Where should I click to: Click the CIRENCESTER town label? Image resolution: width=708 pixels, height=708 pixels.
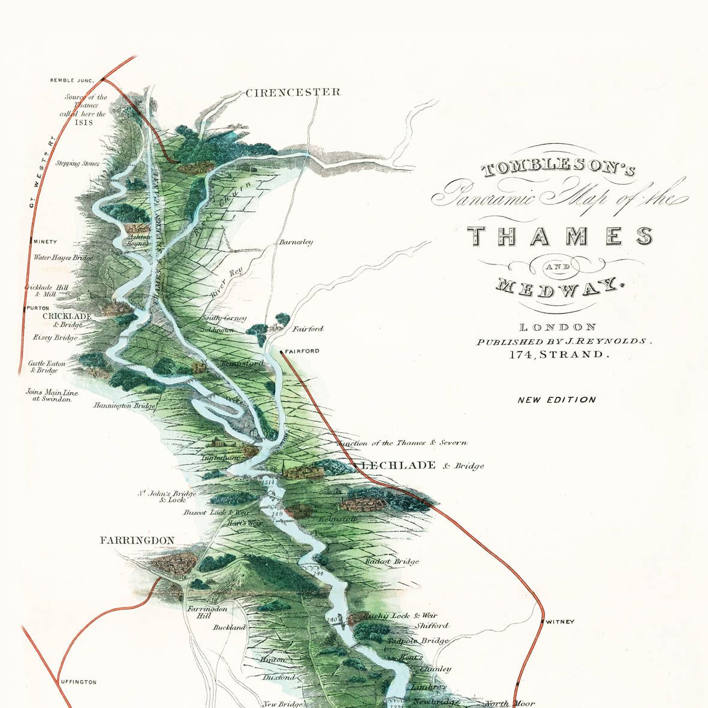coord(293,92)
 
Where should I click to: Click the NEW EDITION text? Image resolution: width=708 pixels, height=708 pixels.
coord(557,400)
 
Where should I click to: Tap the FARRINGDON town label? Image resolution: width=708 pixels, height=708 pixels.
coord(137,540)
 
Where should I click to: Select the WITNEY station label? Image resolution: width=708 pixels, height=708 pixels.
coord(560,622)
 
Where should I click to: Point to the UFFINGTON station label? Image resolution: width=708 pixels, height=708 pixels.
coord(78,682)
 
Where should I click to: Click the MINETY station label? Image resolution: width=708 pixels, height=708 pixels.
coord(46,242)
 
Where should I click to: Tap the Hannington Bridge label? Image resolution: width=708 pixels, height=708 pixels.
coord(124,406)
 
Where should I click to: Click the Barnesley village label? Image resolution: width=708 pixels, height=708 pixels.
coord(296,243)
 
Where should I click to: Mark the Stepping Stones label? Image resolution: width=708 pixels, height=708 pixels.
coord(77,163)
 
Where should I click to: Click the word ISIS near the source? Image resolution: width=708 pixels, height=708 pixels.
coord(84,122)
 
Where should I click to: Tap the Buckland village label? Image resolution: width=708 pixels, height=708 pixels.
coord(229,628)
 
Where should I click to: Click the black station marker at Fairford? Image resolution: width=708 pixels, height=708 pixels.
coord(282,351)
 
